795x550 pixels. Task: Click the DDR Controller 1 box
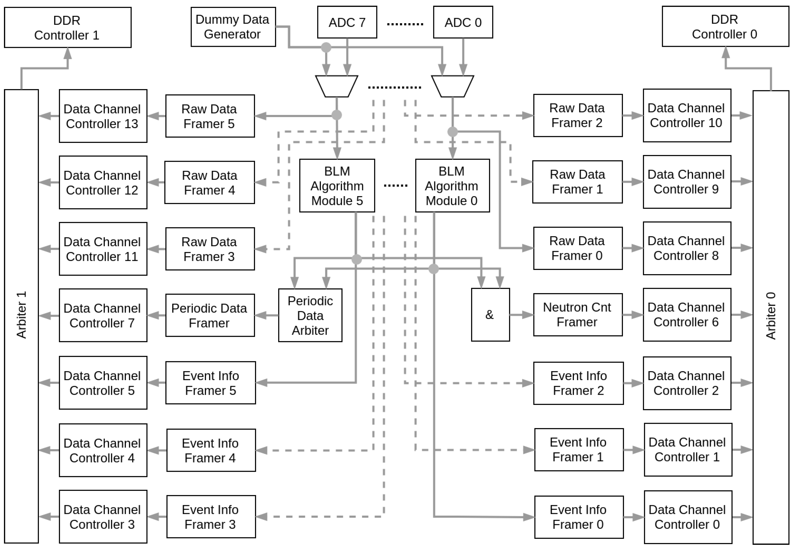pos(68,27)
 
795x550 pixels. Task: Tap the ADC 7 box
pos(347,22)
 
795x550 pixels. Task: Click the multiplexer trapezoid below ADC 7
pos(336,86)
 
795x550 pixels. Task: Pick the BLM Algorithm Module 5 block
pos(337,185)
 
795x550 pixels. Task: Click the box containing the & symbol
pos(490,315)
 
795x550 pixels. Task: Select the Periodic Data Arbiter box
pos(310,315)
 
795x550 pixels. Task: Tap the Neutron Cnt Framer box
pos(578,315)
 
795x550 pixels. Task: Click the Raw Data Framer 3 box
pos(210,249)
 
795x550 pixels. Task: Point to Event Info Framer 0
pos(579,517)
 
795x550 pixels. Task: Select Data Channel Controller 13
pos(103,116)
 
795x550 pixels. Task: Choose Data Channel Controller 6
pos(687,315)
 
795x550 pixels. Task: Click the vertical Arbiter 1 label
pos(21,315)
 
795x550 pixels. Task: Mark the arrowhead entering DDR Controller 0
pos(726,52)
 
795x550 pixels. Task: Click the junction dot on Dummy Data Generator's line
pos(326,47)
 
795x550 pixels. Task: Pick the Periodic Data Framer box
pos(210,315)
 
